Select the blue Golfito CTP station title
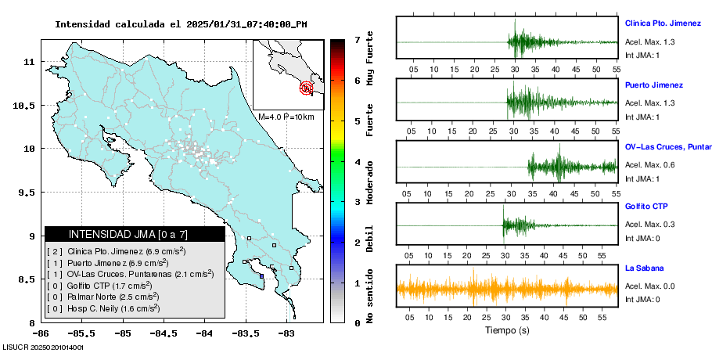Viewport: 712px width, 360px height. pyautogui.click(x=645, y=207)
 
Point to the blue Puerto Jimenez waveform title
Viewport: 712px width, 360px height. pyautogui.click(x=654, y=85)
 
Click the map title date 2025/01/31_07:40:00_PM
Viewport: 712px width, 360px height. pyautogui.click(x=246, y=24)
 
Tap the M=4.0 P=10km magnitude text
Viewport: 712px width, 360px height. pyautogui.click(x=286, y=117)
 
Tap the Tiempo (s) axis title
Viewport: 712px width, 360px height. pyautogui.click(x=507, y=330)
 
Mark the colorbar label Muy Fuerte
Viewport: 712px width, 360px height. pyautogui.click(x=369, y=55)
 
